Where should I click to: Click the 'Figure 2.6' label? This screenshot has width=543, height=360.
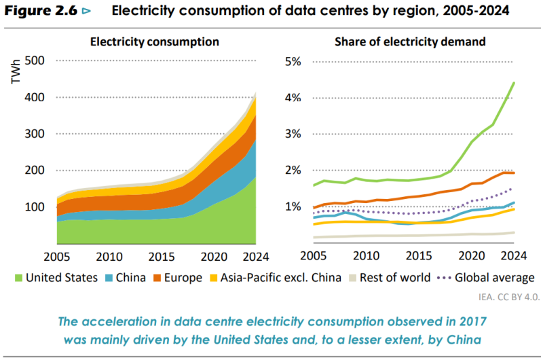click(41, 11)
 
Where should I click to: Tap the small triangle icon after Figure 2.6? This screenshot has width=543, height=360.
click(86, 12)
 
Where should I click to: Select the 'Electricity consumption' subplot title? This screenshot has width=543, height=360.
click(155, 42)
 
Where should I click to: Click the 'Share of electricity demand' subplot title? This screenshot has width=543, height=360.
click(410, 42)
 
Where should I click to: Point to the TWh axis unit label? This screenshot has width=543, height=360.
click(16, 72)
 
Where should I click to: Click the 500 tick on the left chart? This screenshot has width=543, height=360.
click(35, 60)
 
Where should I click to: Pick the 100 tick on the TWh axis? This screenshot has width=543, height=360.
click(35, 207)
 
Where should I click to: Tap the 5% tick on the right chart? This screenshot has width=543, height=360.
click(293, 61)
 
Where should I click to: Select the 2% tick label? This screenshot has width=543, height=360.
click(293, 170)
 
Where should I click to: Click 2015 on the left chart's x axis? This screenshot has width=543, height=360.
click(162, 257)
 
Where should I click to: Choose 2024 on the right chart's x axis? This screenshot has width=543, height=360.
click(514, 256)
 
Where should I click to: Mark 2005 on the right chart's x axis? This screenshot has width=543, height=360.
click(314, 256)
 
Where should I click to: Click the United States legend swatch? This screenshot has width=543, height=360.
click(19, 278)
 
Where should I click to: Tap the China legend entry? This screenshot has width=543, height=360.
click(126, 278)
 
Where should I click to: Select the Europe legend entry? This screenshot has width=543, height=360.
click(178, 278)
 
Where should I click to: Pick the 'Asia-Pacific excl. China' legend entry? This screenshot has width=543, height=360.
click(276, 278)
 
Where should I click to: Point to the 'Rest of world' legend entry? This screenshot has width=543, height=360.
click(390, 278)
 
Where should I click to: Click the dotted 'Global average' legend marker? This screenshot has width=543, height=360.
click(444, 278)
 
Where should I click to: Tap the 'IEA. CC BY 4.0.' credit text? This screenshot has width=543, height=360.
click(509, 297)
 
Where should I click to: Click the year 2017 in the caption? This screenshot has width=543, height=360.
click(473, 321)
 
